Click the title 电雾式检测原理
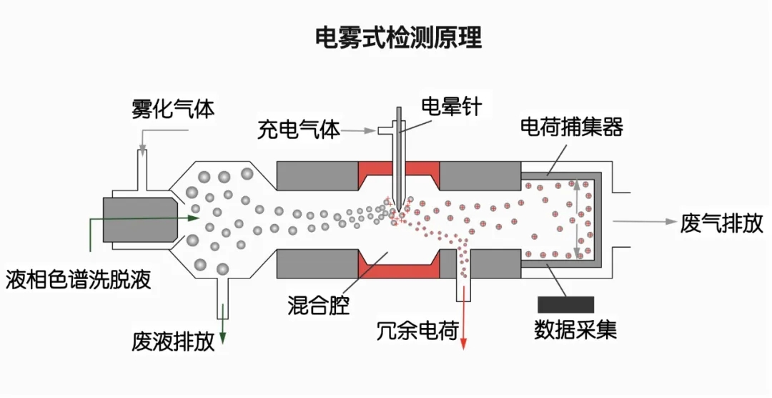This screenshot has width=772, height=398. [398, 37]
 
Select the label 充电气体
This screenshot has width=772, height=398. [299, 130]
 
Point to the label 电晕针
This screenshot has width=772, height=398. [451, 107]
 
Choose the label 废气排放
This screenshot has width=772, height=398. [721, 223]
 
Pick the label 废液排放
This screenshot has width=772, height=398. [173, 342]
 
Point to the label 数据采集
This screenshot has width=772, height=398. [575, 330]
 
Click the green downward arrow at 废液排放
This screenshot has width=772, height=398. [223, 326]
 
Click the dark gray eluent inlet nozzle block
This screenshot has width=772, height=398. [139, 219]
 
